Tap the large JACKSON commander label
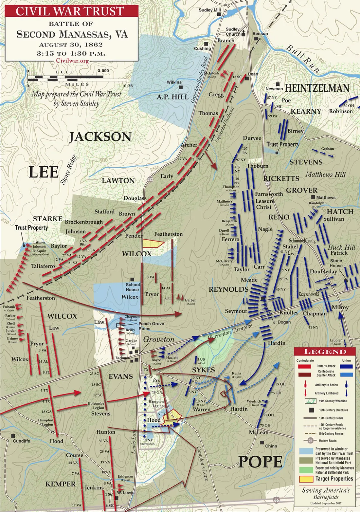pos(100,137)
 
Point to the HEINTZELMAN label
pos(317,88)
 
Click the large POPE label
pos(260,462)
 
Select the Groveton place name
pos(159,340)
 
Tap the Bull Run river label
pos(303,58)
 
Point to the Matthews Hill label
pos(325,175)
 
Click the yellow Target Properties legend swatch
pos(306,479)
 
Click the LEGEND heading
pos(325,351)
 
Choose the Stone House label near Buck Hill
pos(336,263)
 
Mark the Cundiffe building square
pos(13,436)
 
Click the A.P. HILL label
pos(173,97)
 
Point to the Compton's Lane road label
pos(203,463)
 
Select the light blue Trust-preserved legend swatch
pos(306,451)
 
